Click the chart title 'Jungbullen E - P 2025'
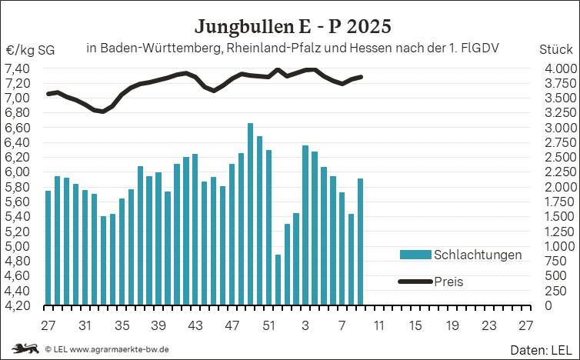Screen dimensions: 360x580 (292, 26)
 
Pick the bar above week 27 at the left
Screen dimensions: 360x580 (48, 248)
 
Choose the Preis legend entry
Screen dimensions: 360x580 (446, 282)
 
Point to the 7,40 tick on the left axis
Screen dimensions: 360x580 (18, 68)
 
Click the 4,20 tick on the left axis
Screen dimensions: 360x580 (18, 305)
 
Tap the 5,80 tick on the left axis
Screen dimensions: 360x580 (18, 187)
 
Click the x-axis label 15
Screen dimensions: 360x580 (415, 324)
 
